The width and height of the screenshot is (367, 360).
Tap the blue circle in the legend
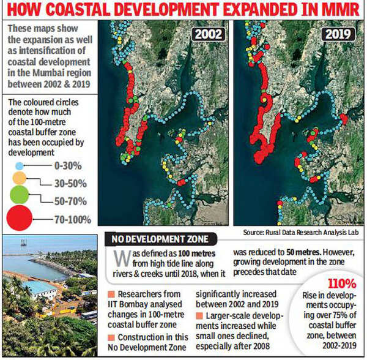tap(20, 166)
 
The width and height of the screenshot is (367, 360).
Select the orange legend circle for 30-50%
tap(20, 178)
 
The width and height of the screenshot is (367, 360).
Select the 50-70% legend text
tap(69, 200)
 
